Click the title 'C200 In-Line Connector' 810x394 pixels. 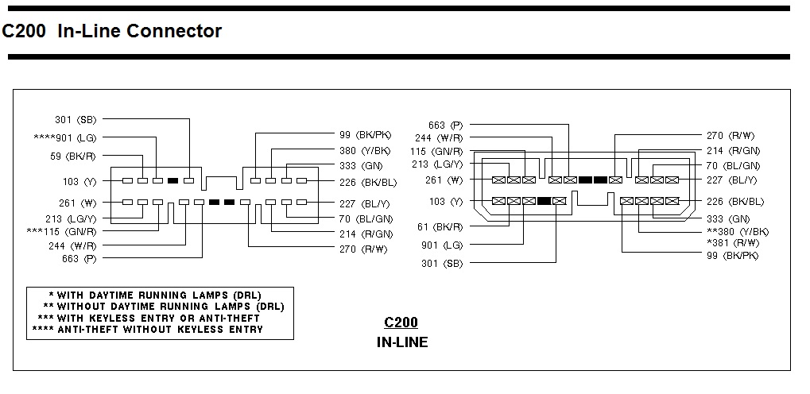coord(112,31)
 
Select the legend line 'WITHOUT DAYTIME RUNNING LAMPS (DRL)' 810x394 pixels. coord(163,306)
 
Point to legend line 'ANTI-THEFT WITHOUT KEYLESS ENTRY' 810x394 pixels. coord(147,329)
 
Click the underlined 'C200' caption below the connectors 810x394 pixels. coord(401,323)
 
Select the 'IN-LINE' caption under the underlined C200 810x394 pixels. coord(401,343)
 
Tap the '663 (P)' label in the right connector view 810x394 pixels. coord(445,125)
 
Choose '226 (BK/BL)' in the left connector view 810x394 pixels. coord(366,182)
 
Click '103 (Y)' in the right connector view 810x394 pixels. coord(445,202)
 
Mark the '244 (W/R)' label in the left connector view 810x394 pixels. coord(72,245)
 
